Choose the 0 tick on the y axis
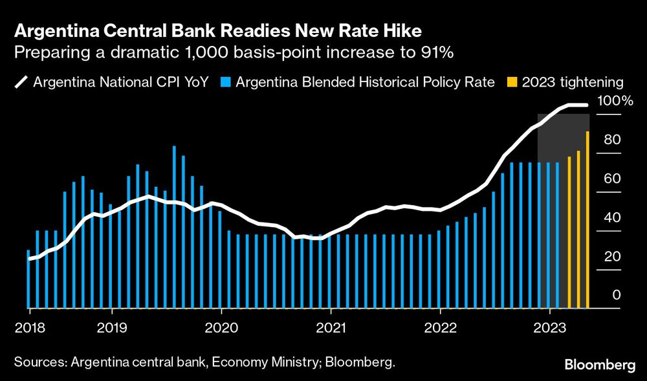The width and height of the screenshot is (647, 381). [616, 296]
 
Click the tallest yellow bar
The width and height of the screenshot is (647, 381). [587, 220]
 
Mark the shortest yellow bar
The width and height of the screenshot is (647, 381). [569, 233]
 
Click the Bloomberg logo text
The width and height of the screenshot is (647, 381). [601, 365]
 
